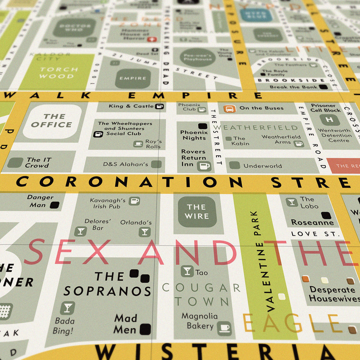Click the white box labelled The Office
(x=52, y=121)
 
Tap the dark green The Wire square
(x=197, y=212)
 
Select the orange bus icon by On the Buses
(x=230, y=108)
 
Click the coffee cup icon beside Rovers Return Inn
(x=204, y=166)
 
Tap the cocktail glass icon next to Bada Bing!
(x=67, y=307)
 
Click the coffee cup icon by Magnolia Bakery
(x=224, y=327)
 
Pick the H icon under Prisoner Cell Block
(x=330, y=120)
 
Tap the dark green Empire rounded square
(x=133, y=78)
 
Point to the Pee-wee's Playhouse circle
(x=197, y=57)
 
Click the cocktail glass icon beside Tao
(x=187, y=271)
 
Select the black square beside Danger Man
(x=54, y=205)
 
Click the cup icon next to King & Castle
(x=159, y=106)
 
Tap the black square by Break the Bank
(x=323, y=87)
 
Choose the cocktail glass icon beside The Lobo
(x=291, y=202)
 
